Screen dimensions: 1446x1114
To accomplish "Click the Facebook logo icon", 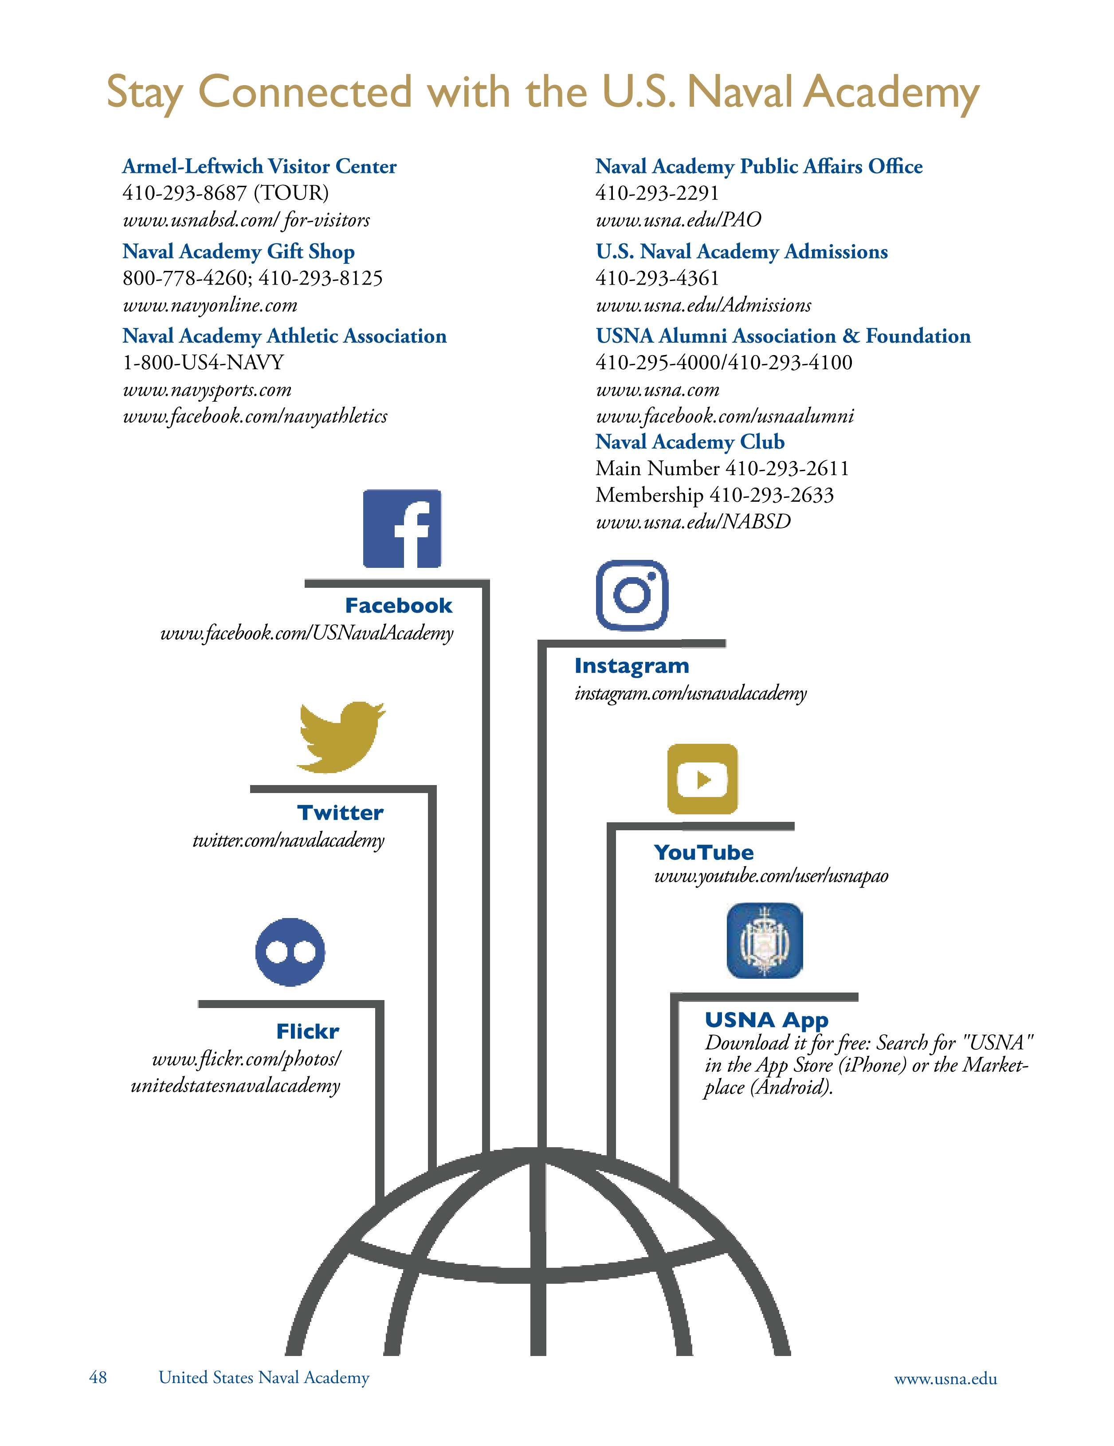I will click(402, 528).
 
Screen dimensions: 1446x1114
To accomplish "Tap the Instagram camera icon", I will click(632, 594).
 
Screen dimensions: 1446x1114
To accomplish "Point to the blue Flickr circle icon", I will click(290, 951).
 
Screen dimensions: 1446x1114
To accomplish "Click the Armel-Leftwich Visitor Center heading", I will click(259, 166).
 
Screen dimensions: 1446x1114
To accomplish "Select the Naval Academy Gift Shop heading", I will click(239, 252).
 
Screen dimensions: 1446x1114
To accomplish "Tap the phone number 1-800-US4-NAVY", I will click(203, 362).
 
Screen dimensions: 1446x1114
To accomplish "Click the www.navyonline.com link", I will click(210, 305).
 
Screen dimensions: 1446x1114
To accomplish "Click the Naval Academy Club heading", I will click(690, 442).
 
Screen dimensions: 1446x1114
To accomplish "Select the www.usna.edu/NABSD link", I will click(693, 522).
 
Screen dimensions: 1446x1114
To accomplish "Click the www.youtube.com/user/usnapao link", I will click(771, 876).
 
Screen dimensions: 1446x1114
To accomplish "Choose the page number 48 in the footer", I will click(98, 1377).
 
